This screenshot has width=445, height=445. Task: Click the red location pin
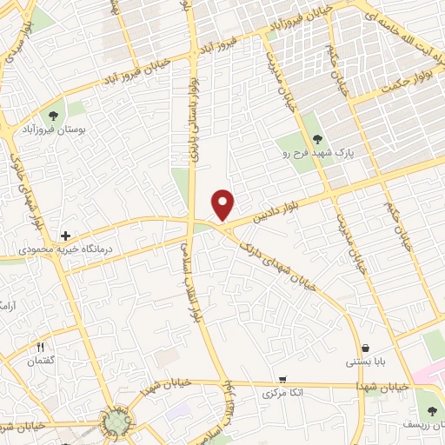click(x=224, y=204)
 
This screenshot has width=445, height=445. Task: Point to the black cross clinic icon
click(x=65, y=236)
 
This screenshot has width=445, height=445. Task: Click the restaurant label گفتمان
click(x=40, y=361)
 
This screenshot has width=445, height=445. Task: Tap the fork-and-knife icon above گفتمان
click(x=40, y=348)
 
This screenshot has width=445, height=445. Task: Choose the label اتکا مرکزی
click(x=283, y=393)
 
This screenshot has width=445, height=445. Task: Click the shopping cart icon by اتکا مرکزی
click(x=283, y=380)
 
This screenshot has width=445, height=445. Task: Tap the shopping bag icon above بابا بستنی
click(x=363, y=348)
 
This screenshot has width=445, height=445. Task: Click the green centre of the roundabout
click(x=114, y=422)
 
